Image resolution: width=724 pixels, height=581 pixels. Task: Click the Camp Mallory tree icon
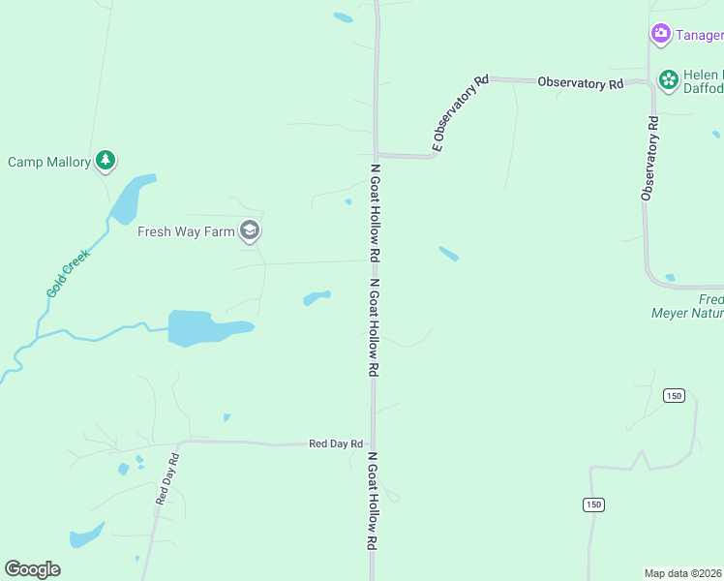click(x=106, y=161)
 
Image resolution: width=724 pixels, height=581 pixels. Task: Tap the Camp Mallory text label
click(x=49, y=162)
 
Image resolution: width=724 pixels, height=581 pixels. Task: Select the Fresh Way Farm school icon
click(x=250, y=230)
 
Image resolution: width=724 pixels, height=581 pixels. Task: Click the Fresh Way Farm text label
click(x=186, y=231)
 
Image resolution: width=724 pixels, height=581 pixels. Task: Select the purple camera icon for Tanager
click(x=661, y=35)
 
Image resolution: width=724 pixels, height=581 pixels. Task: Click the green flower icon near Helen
click(x=668, y=79)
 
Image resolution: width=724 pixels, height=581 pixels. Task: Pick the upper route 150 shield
click(x=675, y=395)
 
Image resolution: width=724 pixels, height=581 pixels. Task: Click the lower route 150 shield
click(x=593, y=505)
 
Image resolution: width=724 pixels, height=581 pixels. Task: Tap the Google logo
click(x=32, y=569)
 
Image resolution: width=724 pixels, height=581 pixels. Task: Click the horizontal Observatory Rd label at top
click(x=581, y=83)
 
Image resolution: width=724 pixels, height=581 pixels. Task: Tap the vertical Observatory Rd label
click(x=649, y=159)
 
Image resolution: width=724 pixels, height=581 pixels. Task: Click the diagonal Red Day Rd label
click(x=167, y=479)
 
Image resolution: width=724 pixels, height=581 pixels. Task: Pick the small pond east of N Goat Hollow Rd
click(x=448, y=254)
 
